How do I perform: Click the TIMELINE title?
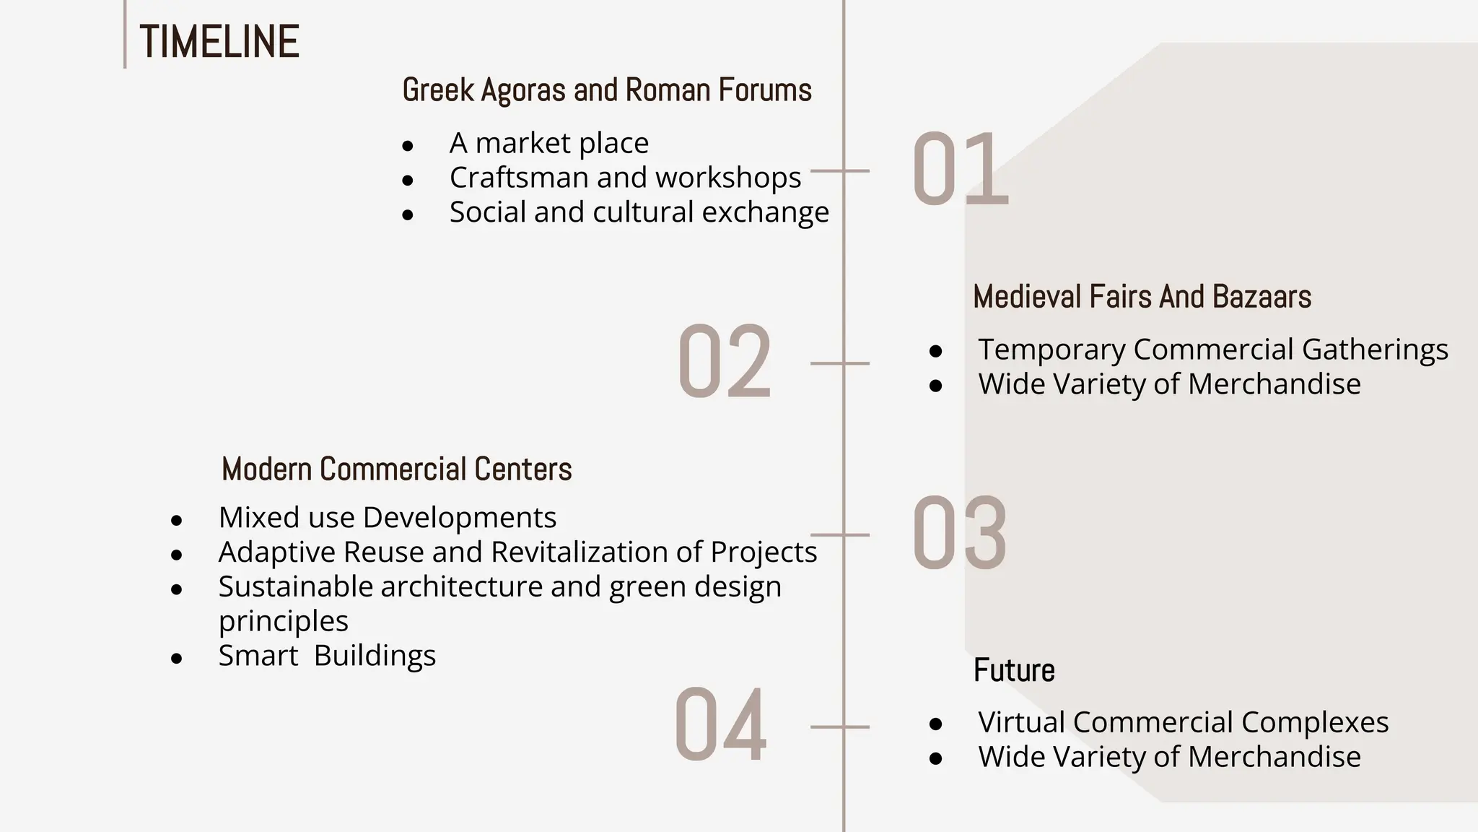point(219,42)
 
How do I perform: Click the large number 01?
point(960,170)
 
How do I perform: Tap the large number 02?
point(725,363)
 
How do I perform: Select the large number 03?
point(960,534)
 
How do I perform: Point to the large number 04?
point(720,727)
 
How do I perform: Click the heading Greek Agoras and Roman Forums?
point(607,90)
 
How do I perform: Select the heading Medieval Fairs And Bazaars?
point(1142,297)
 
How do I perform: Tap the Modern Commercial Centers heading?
point(396,469)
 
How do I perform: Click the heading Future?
point(1014,670)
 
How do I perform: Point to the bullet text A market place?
point(548,143)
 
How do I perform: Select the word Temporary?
point(1051,350)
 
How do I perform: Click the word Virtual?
point(1021,722)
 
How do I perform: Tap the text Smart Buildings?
point(327,656)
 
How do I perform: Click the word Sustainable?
point(296,586)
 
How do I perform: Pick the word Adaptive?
point(276,552)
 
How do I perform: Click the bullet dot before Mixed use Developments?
point(177,519)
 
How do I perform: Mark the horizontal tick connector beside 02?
point(839,363)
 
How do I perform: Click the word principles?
point(283,621)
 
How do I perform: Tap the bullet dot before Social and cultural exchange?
point(408,214)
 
